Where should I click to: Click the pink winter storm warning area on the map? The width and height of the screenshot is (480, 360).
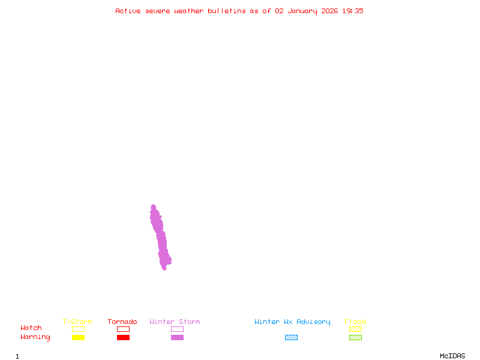(x=161, y=240)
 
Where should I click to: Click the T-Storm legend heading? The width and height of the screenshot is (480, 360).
(x=77, y=322)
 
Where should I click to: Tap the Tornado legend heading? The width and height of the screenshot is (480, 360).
(x=122, y=322)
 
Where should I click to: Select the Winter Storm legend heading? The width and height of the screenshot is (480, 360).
(x=175, y=322)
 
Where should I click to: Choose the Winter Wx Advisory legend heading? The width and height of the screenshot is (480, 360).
(x=292, y=322)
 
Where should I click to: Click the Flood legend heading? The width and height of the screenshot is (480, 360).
(x=355, y=322)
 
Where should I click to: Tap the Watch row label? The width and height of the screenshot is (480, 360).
(x=31, y=328)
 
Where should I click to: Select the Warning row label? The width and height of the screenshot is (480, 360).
(x=35, y=337)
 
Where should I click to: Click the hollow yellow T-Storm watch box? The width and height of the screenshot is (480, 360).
(x=78, y=329)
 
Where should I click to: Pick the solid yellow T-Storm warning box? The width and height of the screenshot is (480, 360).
(x=78, y=337)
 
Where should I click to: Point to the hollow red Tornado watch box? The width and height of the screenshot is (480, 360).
(x=123, y=329)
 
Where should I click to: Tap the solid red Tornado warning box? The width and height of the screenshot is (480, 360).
(x=123, y=337)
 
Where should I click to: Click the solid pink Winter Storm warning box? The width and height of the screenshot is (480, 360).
(x=177, y=337)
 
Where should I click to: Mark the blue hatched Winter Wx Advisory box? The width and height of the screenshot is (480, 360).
(x=291, y=337)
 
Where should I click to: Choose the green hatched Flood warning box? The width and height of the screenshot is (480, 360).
(x=355, y=337)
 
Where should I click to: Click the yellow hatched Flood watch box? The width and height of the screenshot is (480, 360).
(x=355, y=329)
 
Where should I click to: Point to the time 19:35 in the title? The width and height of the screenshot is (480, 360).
(x=353, y=11)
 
